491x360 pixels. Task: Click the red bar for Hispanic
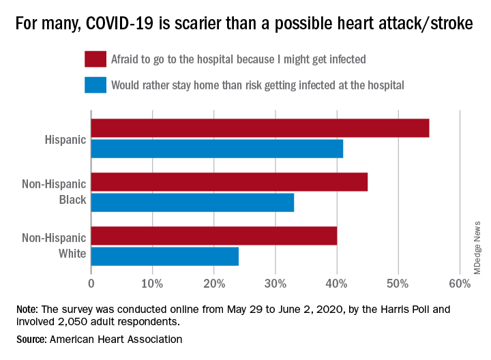260,128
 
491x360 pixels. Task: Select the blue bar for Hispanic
217,149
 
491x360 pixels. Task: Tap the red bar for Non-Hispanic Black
229,182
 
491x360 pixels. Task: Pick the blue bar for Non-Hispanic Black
192,202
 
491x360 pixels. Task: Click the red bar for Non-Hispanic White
213,236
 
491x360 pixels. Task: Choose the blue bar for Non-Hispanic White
164,256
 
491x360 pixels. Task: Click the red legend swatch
95,59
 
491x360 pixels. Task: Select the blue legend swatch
95,85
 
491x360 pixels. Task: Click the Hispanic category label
65,140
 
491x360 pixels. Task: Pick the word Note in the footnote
27,309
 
